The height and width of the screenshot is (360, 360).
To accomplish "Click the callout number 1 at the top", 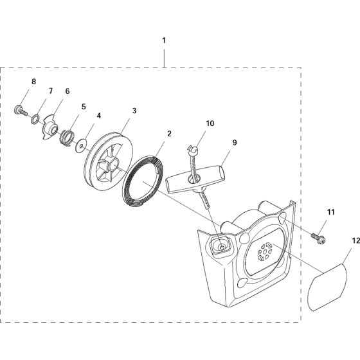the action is tap(164, 40).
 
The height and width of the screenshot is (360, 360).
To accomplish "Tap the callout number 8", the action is tap(33, 82).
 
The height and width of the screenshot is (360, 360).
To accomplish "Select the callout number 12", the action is tap(355, 241).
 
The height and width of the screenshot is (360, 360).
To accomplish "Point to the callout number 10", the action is tap(210, 123).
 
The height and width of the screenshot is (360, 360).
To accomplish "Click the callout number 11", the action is tap(331, 212).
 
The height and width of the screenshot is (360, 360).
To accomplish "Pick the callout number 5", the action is tap(84, 107).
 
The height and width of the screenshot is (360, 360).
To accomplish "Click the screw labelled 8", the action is tap(20, 110).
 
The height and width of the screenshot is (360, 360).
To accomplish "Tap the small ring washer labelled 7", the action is tap(35, 120).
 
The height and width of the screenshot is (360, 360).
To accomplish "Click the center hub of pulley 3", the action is tap(113, 165).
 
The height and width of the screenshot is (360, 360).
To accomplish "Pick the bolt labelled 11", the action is tap(318, 238).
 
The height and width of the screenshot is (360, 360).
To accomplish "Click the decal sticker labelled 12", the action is tap(327, 287).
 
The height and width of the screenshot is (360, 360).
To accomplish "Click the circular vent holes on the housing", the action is tap(265, 252).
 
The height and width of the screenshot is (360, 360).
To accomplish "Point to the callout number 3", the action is tap(134, 111).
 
